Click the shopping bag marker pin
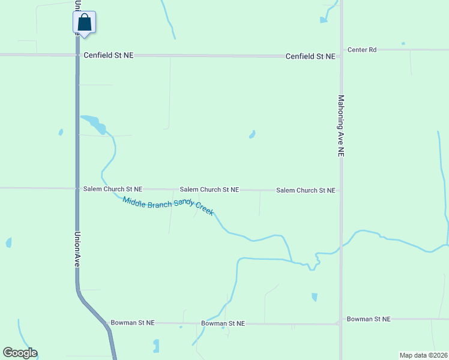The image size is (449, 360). tap(84, 23)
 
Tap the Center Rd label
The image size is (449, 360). tap(362, 50)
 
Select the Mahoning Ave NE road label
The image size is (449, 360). tap(341, 126)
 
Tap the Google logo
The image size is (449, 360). tap(20, 353)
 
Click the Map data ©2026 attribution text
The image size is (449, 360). tap(423, 355)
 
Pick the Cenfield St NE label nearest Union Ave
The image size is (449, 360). tap(109, 55)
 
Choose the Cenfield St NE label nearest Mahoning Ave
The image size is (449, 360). tap(310, 56)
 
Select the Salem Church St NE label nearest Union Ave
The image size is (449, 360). tap(113, 189)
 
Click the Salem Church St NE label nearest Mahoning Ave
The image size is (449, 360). tap(306, 190)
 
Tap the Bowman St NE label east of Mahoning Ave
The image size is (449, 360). tap(369, 319)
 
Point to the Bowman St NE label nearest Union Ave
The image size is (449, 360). tap(132, 323)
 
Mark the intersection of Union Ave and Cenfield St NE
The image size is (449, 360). tap(77, 55)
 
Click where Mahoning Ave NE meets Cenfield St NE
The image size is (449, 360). tap(341, 56)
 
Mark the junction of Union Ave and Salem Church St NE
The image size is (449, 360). tap(77, 188)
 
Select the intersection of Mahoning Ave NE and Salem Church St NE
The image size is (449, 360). tap(341, 190)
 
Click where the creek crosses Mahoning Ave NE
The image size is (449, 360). tap(341, 245)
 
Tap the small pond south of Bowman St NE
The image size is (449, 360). tap(156, 346)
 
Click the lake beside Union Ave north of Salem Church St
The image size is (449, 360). tap(95, 124)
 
